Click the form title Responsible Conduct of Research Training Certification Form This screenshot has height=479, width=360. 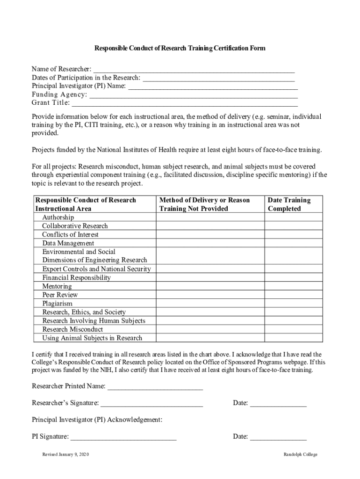(x=180, y=48)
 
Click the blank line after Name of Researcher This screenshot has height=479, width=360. (x=194, y=70)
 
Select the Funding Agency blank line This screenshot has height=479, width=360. (x=194, y=95)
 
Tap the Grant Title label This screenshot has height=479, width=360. (x=50, y=103)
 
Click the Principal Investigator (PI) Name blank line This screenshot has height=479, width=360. (x=213, y=87)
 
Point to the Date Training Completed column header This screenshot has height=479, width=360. (x=289, y=204)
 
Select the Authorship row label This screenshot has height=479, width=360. (x=58, y=218)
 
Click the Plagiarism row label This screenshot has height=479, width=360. (x=58, y=303)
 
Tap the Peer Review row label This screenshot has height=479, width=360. (x=60, y=295)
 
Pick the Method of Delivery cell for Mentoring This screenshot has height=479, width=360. (x=210, y=286)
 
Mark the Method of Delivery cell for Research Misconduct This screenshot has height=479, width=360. (x=210, y=329)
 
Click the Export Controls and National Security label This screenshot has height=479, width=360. (x=96, y=269)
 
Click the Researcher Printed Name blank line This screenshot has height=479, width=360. (x=155, y=387)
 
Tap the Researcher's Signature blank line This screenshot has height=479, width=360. (x=151, y=403)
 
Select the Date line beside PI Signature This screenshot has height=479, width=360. (x=278, y=437)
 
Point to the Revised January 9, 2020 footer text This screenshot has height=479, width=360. (x=65, y=455)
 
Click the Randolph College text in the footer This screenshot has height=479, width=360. (x=300, y=455)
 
